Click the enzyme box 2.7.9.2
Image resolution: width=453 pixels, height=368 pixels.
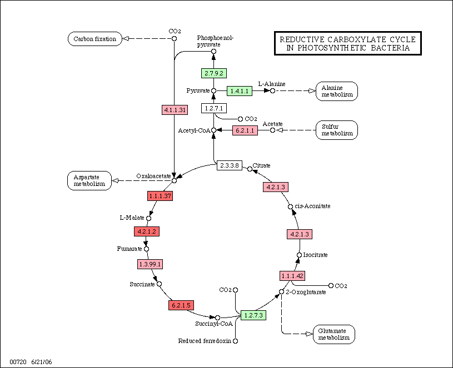tap(214, 73)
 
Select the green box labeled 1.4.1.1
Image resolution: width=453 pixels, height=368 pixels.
tap(240, 90)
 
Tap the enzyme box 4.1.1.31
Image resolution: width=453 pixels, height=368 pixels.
tap(175, 110)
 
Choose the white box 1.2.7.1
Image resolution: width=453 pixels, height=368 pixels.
tap(214, 108)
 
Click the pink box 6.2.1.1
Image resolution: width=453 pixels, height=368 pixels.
tap(245, 130)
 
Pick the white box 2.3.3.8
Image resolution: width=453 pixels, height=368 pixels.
tap(229, 165)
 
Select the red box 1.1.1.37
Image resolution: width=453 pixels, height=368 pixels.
tap(160, 195)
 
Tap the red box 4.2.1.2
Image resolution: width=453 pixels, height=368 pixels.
tap(147, 230)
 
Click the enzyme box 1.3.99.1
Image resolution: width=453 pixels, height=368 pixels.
tap(150, 264)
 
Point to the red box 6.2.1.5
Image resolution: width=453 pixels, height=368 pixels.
tap(180, 305)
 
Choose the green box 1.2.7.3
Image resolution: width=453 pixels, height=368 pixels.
tap(253, 315)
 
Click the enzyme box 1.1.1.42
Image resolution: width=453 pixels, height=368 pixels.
tap(292, 276)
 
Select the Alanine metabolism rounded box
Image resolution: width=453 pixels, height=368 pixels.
tap(337, 90)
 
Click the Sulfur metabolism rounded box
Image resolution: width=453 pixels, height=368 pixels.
tap(337, 130)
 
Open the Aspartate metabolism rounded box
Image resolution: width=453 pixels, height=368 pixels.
tap(89, 180)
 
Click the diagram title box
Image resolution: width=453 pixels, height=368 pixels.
tap(348, 44)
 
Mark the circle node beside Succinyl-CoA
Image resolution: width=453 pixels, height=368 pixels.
tap(217, 318)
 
